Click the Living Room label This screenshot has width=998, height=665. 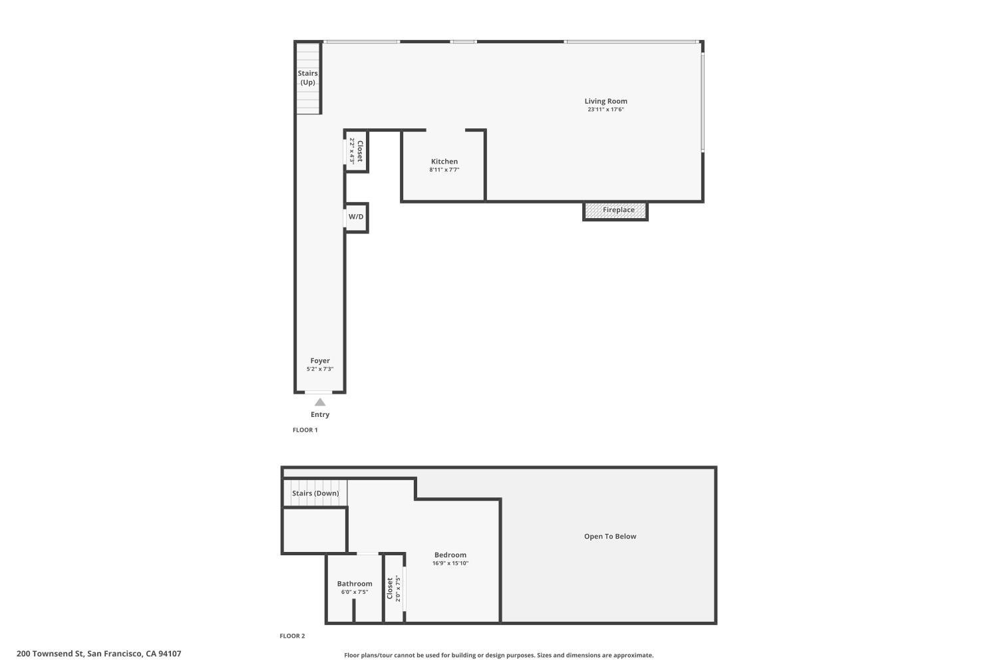[605, 101]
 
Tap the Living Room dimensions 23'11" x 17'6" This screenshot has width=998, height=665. [605, 110]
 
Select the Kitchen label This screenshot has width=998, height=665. [444, 161]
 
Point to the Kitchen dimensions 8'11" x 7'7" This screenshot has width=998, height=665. [444, 170]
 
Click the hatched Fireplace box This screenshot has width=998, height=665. [615, 211]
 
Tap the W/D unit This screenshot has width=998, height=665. [356, 217]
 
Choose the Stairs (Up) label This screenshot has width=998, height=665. [308, 78]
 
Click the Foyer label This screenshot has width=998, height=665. [320, 361]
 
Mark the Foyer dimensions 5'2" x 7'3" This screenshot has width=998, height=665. [320, 369]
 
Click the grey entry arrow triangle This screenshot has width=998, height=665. [320, 402]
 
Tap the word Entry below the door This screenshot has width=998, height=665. [320, 415]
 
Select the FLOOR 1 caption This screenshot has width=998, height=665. [305, 430]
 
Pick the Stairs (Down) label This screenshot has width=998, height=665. [315, 493]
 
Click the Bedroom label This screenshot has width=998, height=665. [450, 555]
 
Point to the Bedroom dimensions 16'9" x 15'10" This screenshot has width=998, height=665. [450, 563]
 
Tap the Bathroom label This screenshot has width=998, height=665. [355, 583]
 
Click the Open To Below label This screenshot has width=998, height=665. [610, 536]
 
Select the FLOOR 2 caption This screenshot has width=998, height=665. [292, 636]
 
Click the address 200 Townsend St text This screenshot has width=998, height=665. [51, 654]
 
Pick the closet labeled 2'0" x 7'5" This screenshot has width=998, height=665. [394, 589]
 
